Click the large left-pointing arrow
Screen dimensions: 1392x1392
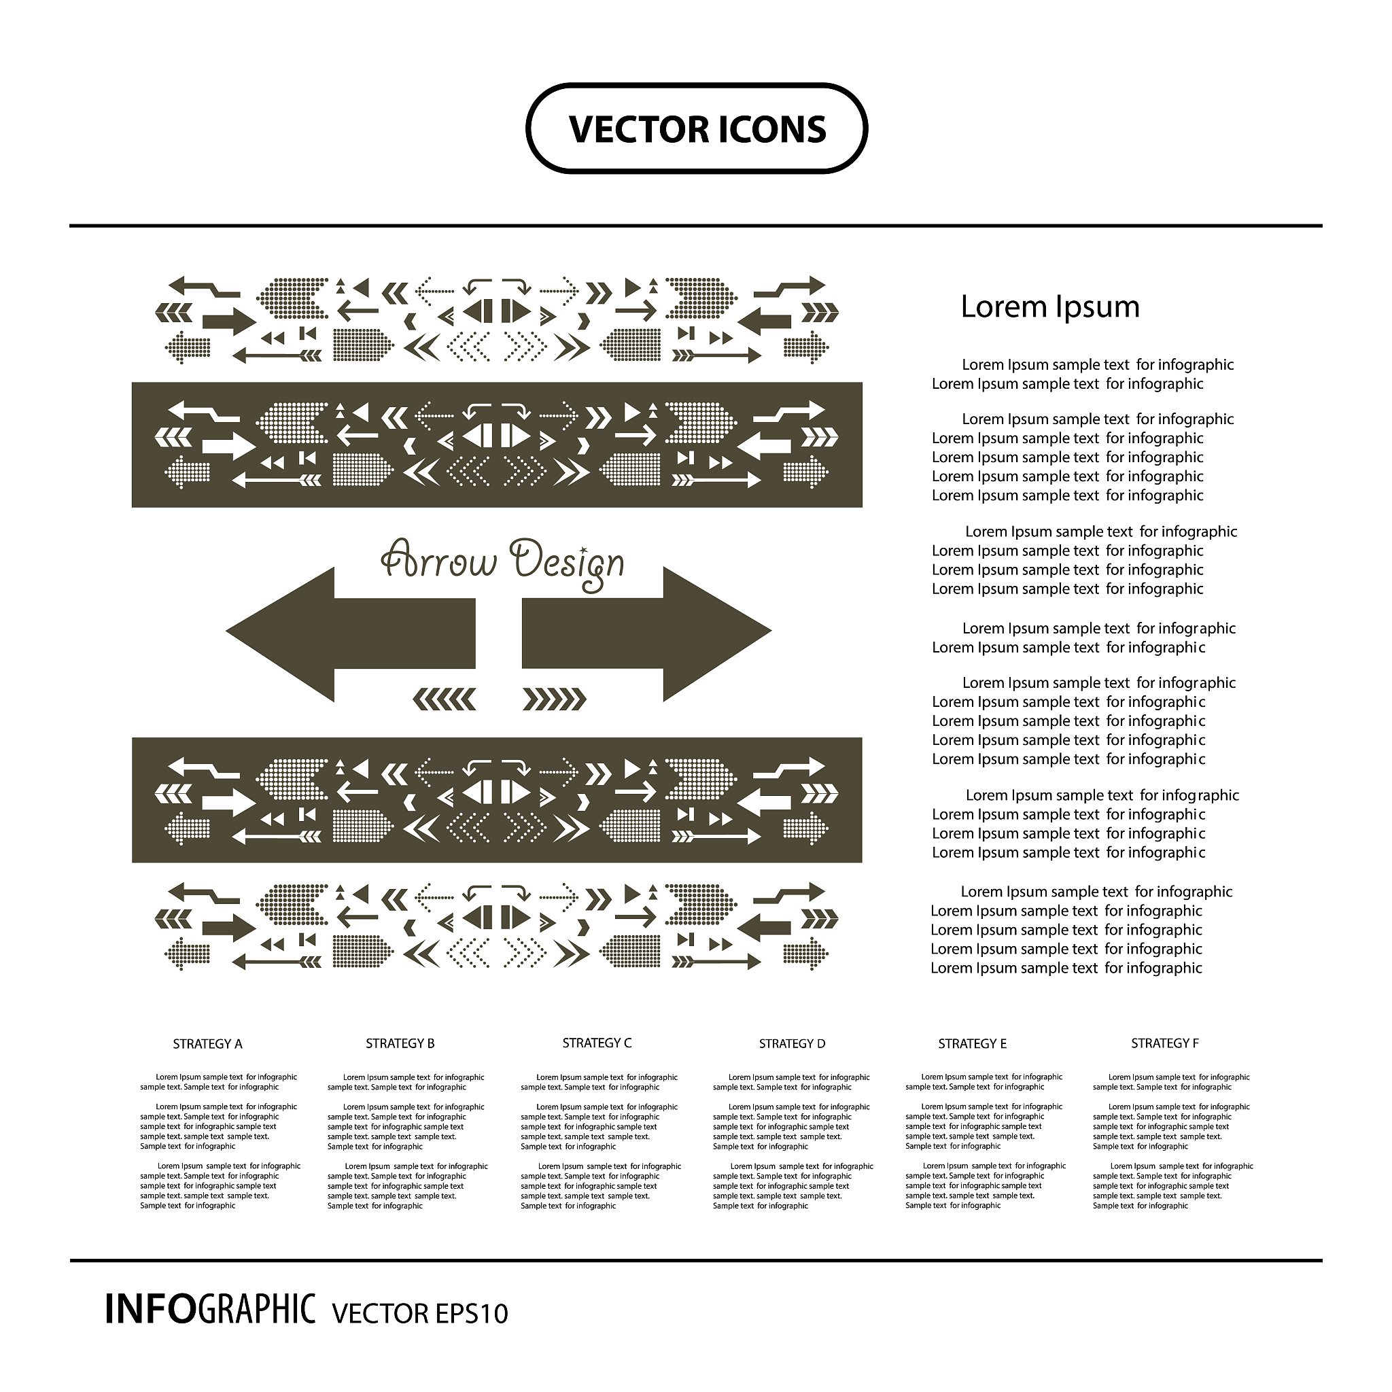(350, 634)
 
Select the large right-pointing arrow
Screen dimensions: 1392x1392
(647, 634)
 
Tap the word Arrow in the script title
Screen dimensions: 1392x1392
(439, 561)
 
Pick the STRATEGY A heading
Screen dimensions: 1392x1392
(207, 1044)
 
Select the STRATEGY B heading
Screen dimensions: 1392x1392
(400, 1043)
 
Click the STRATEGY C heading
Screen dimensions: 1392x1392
(597, 1043)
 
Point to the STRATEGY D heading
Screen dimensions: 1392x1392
(792, 1043)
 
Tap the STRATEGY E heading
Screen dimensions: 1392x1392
(972, 1043)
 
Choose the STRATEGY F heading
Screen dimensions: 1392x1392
(1164, 1043)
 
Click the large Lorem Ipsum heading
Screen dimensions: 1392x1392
(1049, 307)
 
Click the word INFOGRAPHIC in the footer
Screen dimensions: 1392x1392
(211, 1308)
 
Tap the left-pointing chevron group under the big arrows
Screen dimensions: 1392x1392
(445, 699)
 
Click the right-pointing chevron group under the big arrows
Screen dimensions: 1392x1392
(554, 699)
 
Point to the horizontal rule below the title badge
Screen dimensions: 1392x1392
(696, 226)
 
